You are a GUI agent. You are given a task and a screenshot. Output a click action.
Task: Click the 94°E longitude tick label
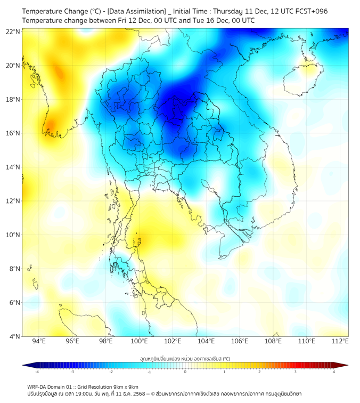(39, 341)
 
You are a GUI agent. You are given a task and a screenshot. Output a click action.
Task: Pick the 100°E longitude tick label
(139, 341)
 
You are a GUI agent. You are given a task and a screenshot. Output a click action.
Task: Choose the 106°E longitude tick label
(240, 341)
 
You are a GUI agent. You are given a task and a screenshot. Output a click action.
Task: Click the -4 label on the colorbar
(36, 372)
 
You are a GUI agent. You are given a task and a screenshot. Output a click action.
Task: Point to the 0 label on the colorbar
(185, 372)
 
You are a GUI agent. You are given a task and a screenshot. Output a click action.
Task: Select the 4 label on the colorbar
(334, 372)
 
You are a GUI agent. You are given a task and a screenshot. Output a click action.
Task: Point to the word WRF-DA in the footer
(37, 386)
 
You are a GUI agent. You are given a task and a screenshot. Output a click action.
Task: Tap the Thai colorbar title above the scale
(185, 358)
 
